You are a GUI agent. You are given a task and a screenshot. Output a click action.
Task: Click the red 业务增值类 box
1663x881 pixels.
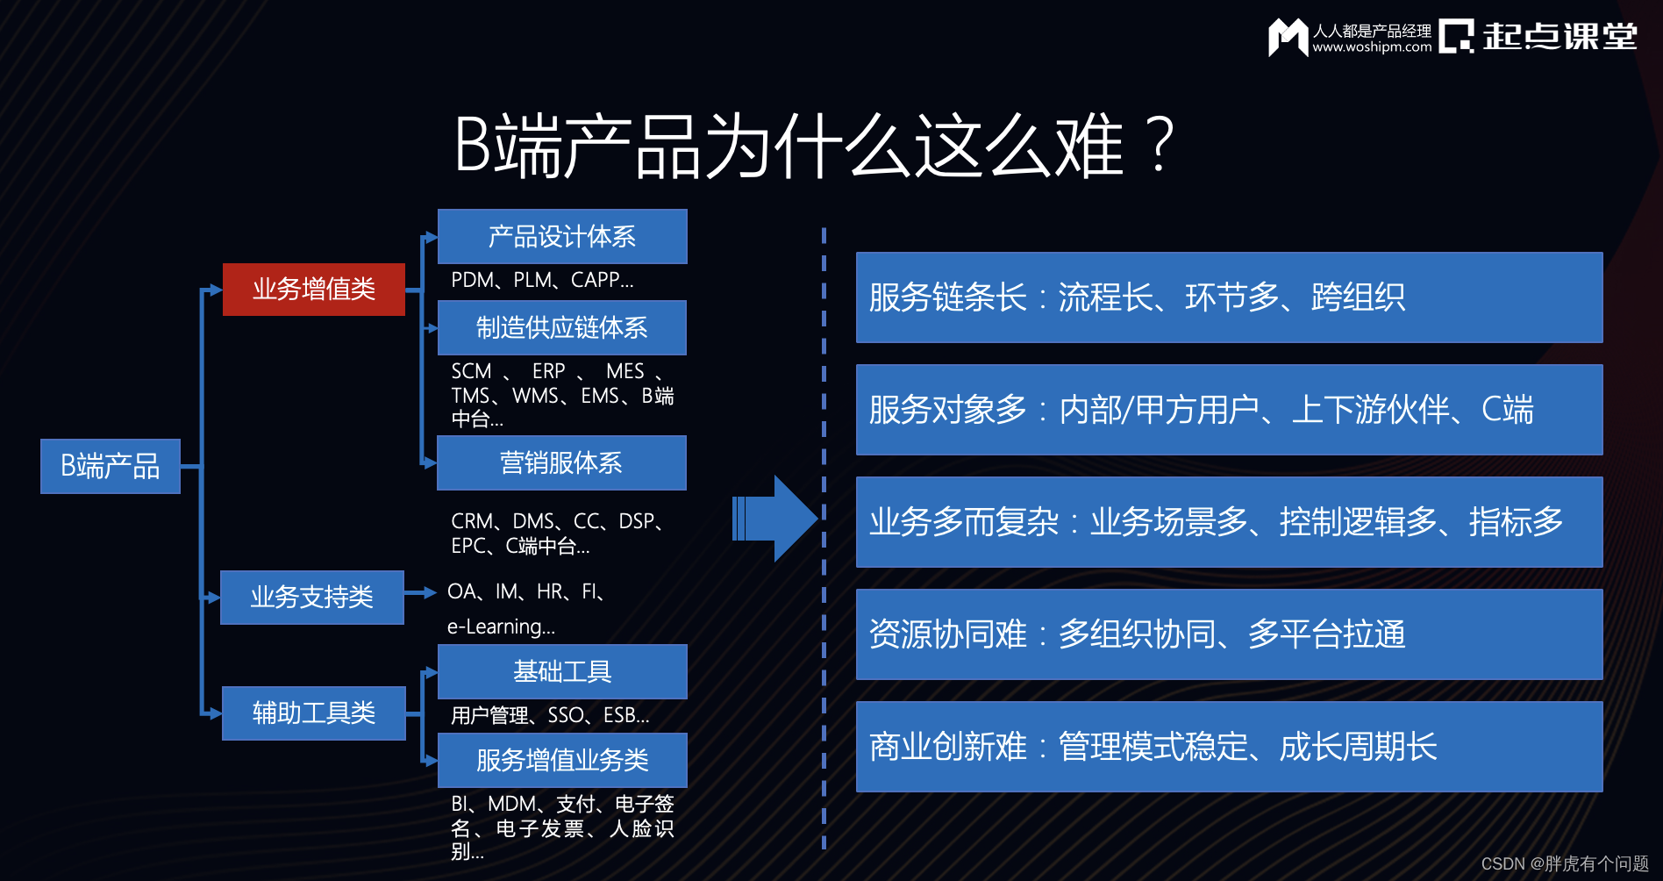point(313,289)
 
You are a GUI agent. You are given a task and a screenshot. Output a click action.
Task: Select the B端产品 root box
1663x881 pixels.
point(110,466)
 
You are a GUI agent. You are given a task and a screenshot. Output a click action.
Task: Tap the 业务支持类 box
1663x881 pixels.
point(311,597)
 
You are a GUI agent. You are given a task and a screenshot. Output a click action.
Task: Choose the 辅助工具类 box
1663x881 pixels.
point(313,713)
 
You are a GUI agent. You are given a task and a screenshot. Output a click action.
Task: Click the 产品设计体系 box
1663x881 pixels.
point(561,236)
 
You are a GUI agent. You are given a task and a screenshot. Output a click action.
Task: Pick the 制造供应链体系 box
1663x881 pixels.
point(561,327)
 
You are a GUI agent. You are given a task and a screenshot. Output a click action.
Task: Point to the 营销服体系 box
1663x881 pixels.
point(561,462)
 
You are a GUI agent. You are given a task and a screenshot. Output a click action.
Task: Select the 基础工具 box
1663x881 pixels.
point(561,671)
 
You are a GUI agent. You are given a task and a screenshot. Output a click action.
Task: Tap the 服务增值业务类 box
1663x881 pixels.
point(561,760)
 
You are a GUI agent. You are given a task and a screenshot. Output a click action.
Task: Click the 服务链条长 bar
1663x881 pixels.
point(1228,297)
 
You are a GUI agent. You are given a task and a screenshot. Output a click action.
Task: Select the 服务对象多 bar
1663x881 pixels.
point(1228,410)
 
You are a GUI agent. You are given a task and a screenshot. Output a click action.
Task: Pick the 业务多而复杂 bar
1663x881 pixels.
point(1228,522)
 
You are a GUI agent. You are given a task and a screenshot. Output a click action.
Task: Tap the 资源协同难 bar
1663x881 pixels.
point(1228,634)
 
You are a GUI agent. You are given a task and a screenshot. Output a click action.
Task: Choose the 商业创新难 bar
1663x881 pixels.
point(1228,747)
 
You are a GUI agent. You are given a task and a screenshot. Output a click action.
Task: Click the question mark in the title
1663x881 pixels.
point(1160,145)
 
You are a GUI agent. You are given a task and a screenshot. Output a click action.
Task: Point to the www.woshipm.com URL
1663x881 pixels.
point(1372,47)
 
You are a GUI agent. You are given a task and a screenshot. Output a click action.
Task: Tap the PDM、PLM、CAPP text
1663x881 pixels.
point(541,280)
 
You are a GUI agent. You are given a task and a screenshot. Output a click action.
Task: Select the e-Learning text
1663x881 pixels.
point(501,627)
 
